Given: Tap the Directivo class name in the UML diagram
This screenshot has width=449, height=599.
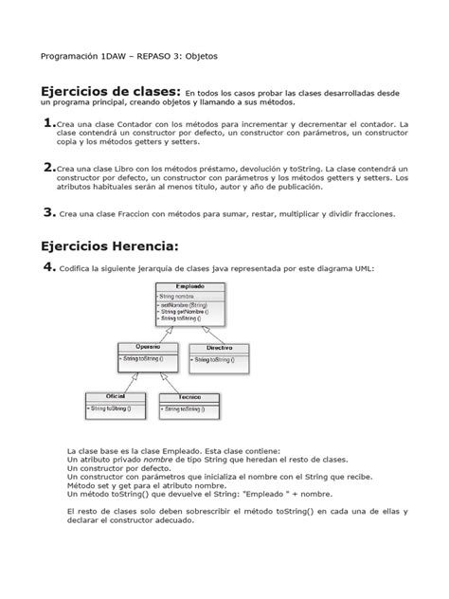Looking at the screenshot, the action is pyautogui.click(x=222, y=348).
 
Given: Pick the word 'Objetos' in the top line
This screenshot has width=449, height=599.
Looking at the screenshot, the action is pyautogui.click(x=198, y=56).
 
